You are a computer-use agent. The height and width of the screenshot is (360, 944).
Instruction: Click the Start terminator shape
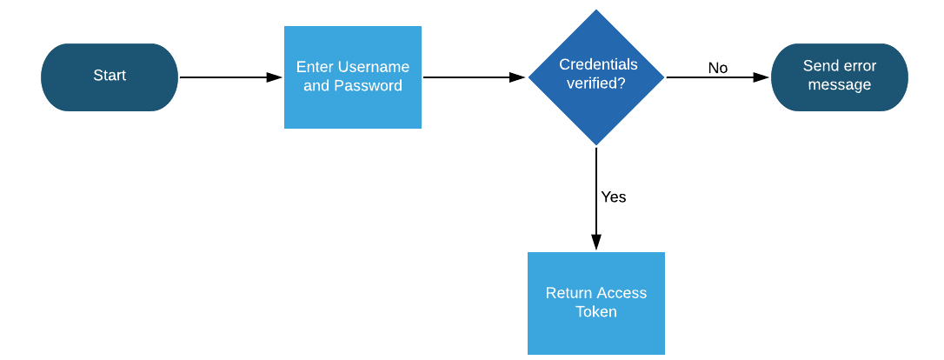tap(110, 77)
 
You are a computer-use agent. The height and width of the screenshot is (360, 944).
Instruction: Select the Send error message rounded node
tap(839, 77)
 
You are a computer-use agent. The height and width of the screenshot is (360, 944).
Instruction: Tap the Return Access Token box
tap(596, 303)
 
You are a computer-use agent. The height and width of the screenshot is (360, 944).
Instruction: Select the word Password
tap(369, 86)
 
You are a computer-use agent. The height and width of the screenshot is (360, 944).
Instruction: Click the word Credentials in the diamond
tap(598, 64)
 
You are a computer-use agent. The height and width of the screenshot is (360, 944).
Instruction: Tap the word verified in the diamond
tap(593, 83)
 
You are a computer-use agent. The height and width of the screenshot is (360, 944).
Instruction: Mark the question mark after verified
tap(622, 83)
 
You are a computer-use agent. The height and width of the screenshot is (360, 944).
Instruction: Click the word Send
tap(820, 66)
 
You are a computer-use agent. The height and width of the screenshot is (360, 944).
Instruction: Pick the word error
tap(859, 66)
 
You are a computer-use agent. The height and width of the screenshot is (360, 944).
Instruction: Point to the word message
tap(839, 85)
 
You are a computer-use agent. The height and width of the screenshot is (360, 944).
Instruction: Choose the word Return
tap(568, 293)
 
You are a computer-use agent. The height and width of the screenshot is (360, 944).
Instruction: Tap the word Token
tap(596, 312)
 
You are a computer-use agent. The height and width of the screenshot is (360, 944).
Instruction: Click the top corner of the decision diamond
tap(596, 9)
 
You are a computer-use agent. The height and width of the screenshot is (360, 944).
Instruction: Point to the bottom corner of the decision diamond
tap(596, 145)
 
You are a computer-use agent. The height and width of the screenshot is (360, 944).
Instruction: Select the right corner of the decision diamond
tap(665, 77)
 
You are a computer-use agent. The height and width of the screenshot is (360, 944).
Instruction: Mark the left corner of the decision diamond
tap(528, 77)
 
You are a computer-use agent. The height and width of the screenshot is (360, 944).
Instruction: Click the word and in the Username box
tap(316, 86)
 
